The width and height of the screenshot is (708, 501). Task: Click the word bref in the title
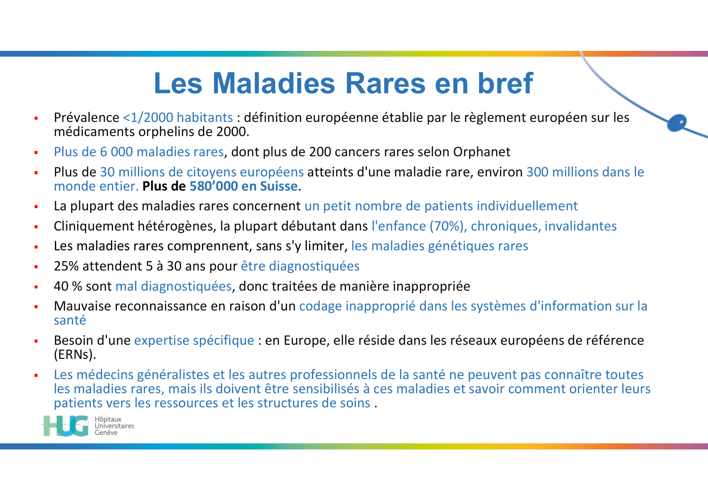click(505, 84)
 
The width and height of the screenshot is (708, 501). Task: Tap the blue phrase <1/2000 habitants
click(178, 117)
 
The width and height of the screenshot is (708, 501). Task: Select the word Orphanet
click(482, 152)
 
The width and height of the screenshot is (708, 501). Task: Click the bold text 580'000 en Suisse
click(243, 186)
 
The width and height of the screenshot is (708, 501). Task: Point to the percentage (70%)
click(446, 226)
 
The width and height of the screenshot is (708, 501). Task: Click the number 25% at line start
click(66, 266)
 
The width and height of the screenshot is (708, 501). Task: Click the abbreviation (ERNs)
click(75, 354)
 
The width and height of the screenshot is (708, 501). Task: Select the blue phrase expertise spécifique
click(194, 340)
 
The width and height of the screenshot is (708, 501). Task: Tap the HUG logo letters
click(66, 426)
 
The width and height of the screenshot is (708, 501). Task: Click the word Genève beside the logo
click(106, 433)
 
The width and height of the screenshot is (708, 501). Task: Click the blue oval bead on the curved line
click(677, 123)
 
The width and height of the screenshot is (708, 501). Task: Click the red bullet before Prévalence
click(36, 118)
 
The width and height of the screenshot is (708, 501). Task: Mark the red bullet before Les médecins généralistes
click(36, 375)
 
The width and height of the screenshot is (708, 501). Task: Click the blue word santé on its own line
click(70, 321)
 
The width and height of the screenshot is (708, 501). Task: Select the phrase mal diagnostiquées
click(174, 286)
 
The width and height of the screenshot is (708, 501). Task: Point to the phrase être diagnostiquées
click(300, 266)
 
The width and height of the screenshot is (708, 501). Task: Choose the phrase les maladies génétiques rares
click(440, 246)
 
